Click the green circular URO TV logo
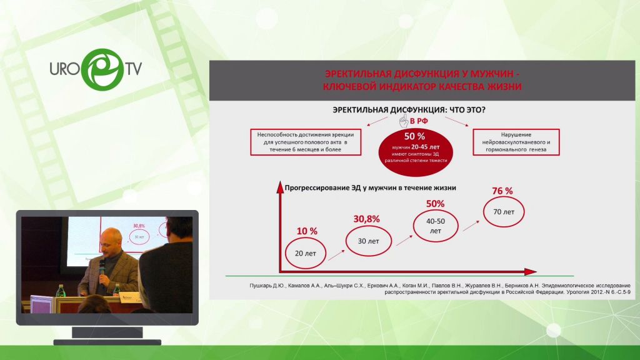[102, 69]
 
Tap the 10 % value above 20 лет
[307, 231]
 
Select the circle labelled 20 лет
[305, 253]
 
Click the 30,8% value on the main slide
[366, 219]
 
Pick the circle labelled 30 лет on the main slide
[369, 241]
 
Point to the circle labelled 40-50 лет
[436, 226]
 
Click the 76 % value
[502, 191]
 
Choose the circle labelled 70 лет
[504, 212]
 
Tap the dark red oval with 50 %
[416, 152]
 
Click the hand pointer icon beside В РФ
[404, 121]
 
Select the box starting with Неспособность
[306, 142]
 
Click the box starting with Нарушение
[516, 142]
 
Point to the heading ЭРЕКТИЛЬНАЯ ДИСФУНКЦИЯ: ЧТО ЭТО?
[409, 110]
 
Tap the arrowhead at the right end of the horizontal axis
[531, 271]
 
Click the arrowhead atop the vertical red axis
[280, 187]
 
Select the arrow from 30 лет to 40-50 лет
[404, 241]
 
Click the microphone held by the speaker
[102, 267]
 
